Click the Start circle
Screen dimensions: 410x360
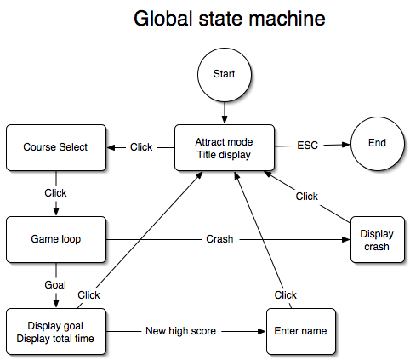(x=225, y=75)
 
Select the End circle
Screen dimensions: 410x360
(x=377, y=143)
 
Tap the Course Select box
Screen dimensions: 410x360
(x=56, y=147)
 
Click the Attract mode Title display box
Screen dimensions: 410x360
(x=225, y=147)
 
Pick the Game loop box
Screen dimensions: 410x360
(x=56, y=239)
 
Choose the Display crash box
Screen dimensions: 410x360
(x=378, y=239)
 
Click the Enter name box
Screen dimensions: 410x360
(x=301, y=331)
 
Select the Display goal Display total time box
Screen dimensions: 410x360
(x=56, y=331)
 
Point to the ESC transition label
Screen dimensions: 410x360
(x=308, y=146)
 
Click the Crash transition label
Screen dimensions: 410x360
(x=219, y=239)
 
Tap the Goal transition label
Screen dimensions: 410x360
(x=55, y=285)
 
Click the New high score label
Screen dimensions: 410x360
(x=181, y=331)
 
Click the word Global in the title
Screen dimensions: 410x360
(x=163, y=19)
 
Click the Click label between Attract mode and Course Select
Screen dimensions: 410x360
(x=141, y=147)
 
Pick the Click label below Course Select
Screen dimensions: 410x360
(x=55, y=193)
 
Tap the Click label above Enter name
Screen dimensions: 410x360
(x=286, y=295)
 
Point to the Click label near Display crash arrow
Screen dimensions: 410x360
(x=307, y=197)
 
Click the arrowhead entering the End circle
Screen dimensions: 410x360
(x=346, y=145)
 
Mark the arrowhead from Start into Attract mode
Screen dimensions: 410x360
(x=225, y=119)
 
